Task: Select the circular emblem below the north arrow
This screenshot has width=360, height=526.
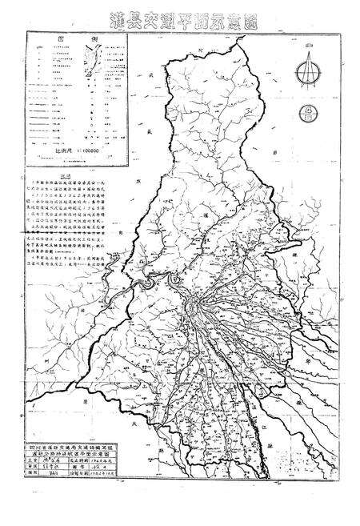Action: [x=306, y=113]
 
